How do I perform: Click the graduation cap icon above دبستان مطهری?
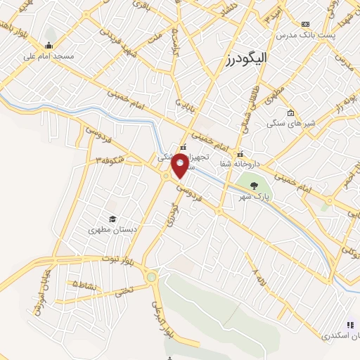click(111, 219)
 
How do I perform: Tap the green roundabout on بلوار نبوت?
click(151, 277)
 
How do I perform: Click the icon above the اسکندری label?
click(350, 324)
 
